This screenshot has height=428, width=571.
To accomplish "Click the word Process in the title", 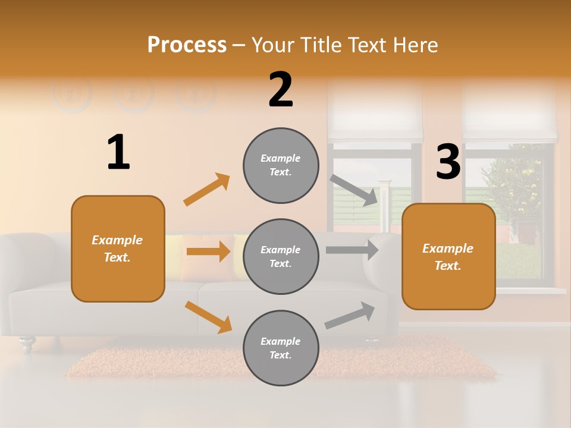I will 187,45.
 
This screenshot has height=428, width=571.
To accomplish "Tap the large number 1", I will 118,153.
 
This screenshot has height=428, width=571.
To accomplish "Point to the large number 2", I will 281,90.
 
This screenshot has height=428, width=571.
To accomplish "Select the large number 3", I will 448,162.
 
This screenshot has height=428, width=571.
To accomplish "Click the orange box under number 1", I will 118,248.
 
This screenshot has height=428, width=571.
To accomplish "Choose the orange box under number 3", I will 448,256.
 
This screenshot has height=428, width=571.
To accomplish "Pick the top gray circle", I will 281,165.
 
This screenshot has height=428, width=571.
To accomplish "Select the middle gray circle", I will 281,256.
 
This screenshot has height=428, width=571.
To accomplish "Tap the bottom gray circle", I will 281,348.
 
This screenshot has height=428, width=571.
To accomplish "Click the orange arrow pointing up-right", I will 207,190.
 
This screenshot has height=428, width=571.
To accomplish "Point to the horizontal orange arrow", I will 208,251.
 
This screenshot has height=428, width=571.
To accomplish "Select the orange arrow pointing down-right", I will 208,316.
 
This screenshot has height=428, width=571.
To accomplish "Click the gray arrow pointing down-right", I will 354,190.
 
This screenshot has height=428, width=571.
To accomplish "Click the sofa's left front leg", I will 27,343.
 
